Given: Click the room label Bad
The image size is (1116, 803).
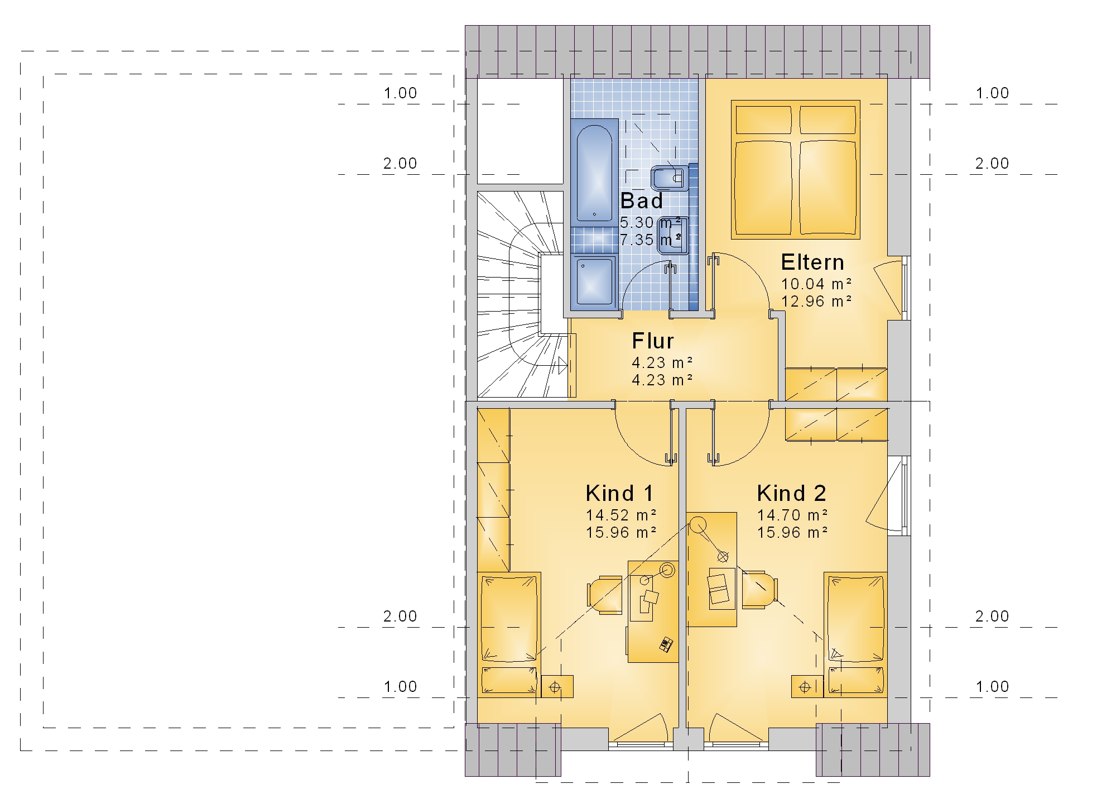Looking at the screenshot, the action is click(642, 200).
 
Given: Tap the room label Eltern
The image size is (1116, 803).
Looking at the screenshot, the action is click(812, 262).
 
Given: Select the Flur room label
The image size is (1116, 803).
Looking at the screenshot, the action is click(653, 341).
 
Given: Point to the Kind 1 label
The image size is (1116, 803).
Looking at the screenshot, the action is click(619, 493).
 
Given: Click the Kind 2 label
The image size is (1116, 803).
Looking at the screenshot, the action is click(791, 493).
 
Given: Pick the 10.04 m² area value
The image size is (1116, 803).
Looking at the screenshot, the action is click(816, 284).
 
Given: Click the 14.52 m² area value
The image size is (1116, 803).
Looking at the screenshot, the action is click(620, 515).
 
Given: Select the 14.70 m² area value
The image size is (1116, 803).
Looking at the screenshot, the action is click(792, 515).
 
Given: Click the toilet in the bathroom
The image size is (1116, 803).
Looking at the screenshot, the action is click(668, 178).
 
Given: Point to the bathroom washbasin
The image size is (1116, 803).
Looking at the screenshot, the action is click(672, 235).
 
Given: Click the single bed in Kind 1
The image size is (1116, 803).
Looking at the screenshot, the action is click(509, 634).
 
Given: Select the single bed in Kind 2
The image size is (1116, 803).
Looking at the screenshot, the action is click(855, 634).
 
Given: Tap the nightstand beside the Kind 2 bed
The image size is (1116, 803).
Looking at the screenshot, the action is click(807, 687).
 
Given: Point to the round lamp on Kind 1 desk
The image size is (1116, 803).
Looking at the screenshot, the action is click(667, 570).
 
